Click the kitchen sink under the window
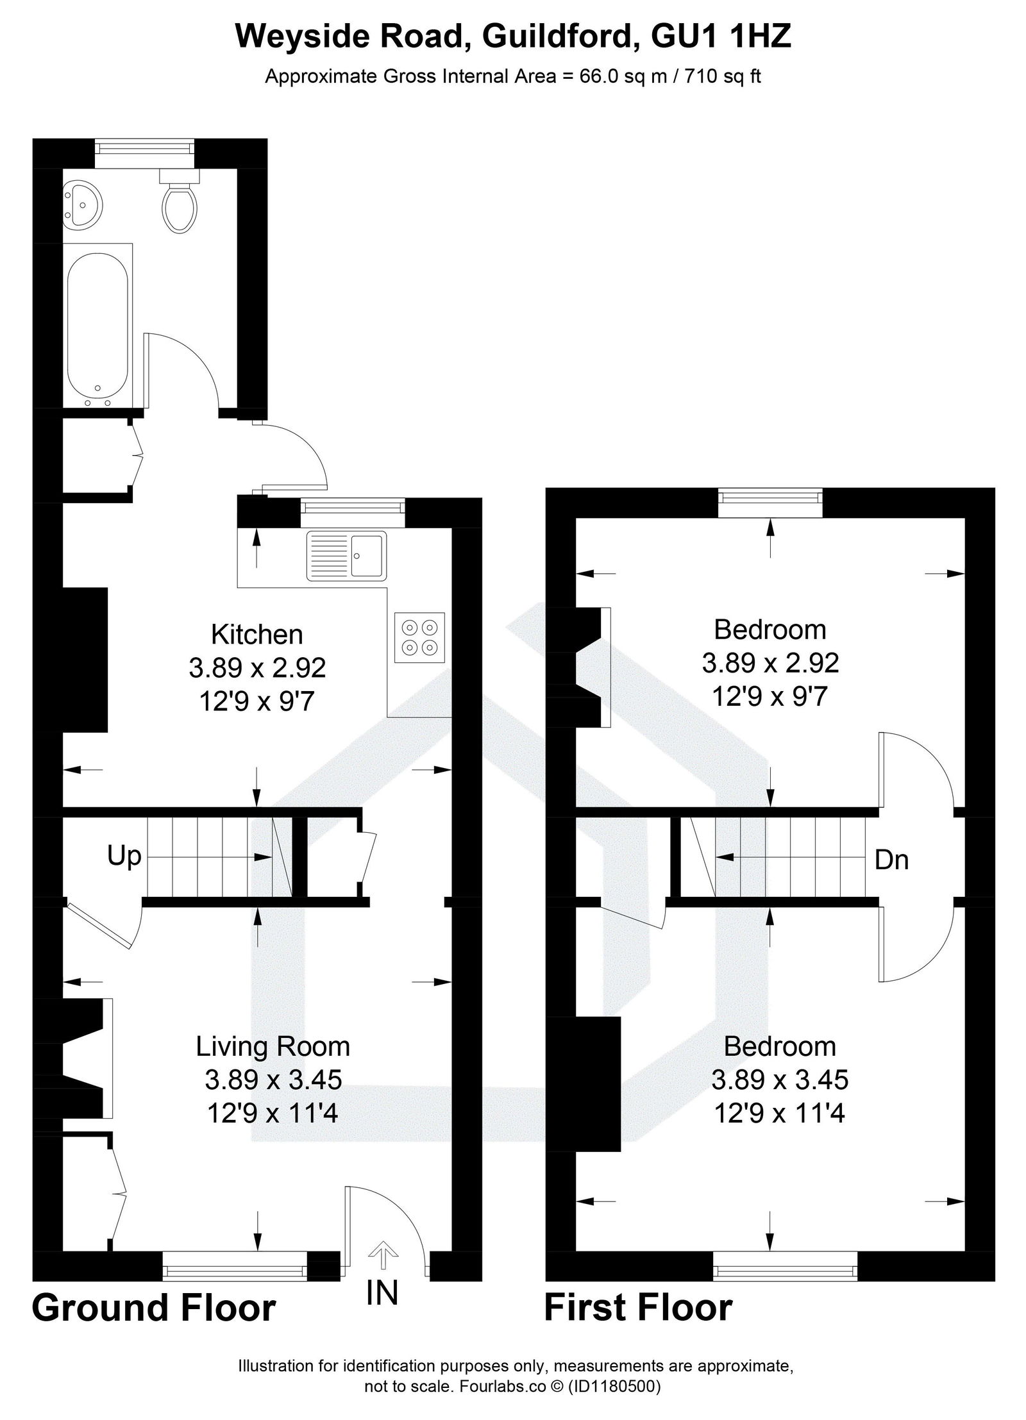(x=347, y=555)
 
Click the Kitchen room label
(x=257, y=635)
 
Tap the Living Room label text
(x=273, y=1046)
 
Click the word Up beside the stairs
(x=124, y=855)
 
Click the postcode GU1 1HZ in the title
(x=721, y=37)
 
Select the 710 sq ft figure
(x=723, y=77)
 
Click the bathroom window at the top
(x=144, y=147)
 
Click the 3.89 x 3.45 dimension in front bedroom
(x=779, y=1080)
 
